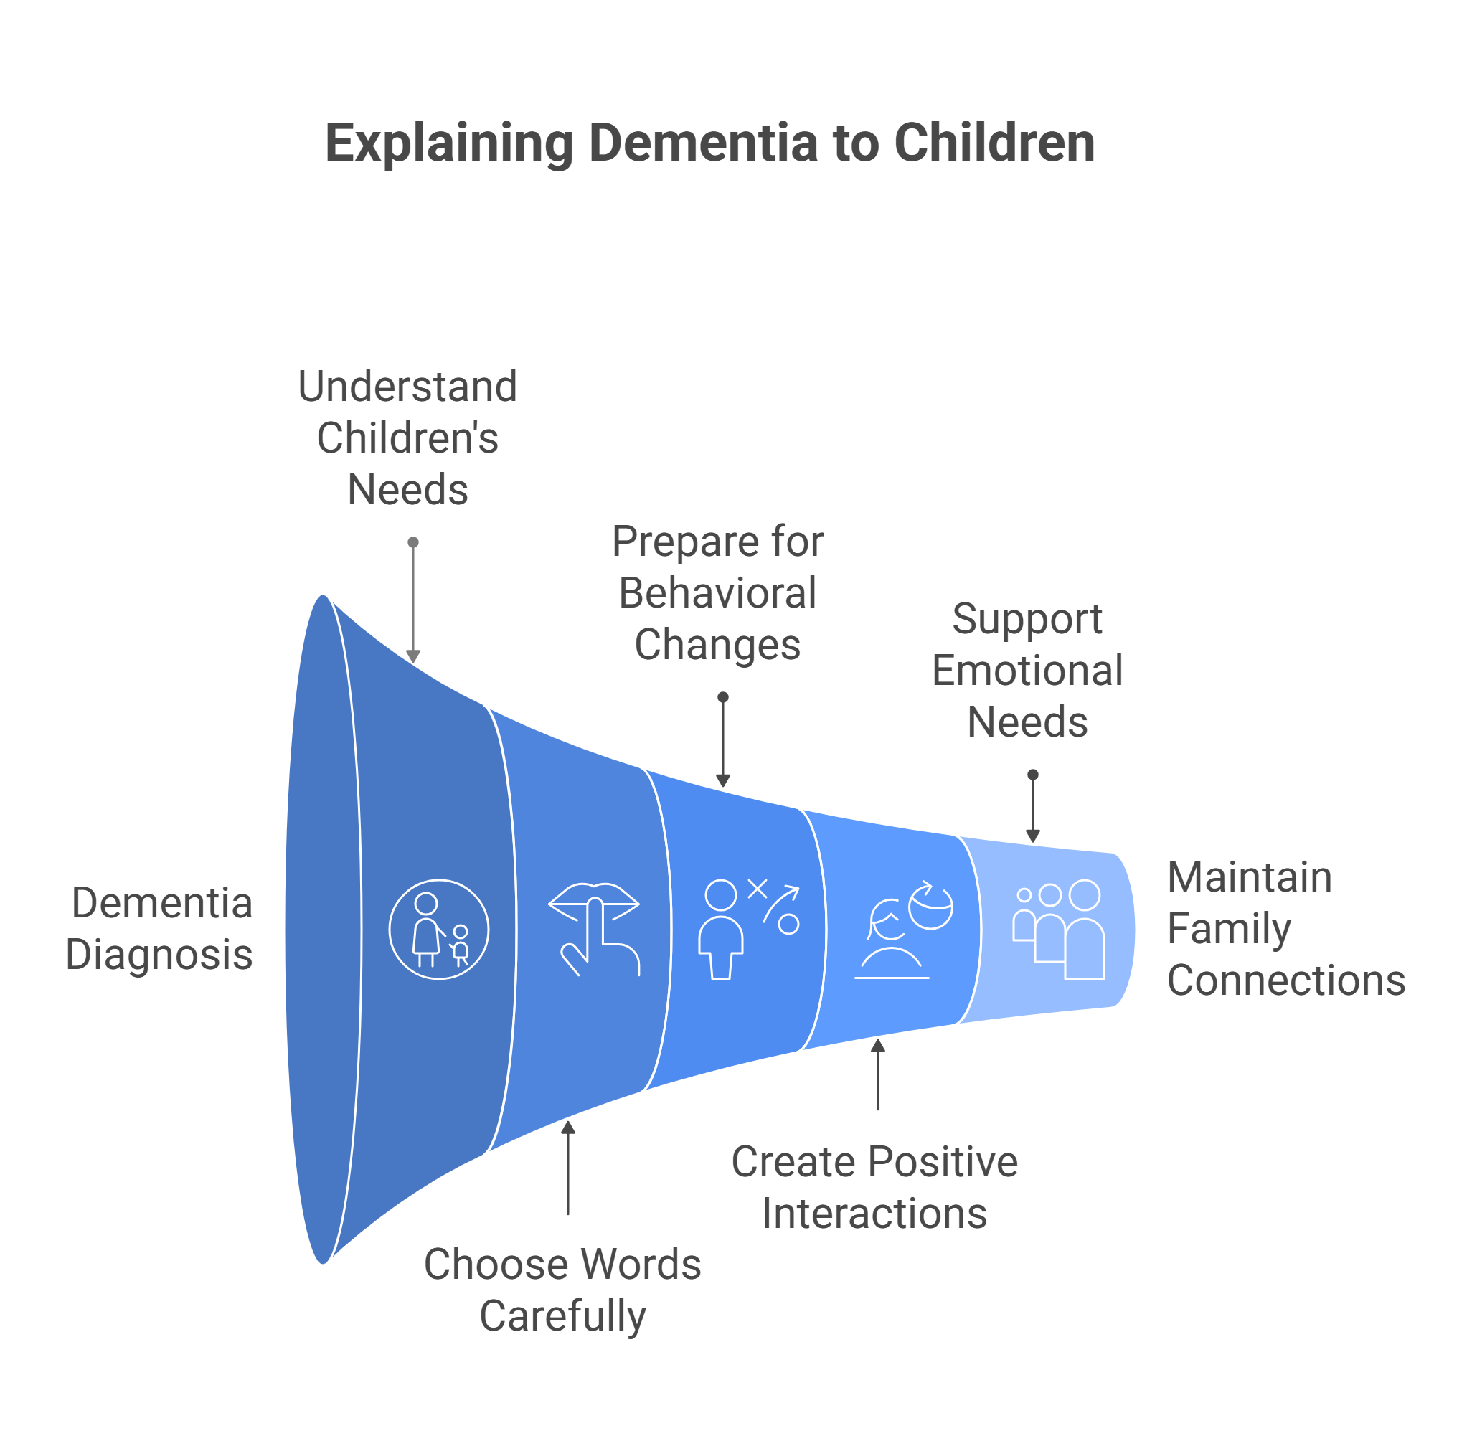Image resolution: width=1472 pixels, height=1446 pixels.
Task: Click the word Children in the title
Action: click(x=994, y=143)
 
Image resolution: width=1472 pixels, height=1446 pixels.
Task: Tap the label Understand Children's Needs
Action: click(x=407, y=438)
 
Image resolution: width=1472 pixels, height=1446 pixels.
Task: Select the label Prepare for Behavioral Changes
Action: click(x=717, y=592)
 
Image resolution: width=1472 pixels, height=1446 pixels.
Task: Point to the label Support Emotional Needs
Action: click(x=1027, y=670)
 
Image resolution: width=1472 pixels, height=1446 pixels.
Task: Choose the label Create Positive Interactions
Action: click(x=874, y=1187)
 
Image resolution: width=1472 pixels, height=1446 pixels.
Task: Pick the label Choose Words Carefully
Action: click(x=562, y=1290)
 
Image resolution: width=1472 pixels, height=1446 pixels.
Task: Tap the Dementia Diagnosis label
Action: click(x=159, y=928)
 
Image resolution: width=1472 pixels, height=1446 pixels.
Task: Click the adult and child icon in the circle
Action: click(x=438, y=929)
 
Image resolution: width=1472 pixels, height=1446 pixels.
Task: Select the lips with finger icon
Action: click(x=594, y=928)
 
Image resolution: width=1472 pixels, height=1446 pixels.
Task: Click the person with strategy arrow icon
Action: click(x=748, y=928)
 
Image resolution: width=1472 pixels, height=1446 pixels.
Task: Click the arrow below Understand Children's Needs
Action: click(x=412, y=602)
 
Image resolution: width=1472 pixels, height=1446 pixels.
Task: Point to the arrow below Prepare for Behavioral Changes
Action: click(x=723, y=741)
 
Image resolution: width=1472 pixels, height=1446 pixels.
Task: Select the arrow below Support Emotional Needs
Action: click(x=1033, y=808)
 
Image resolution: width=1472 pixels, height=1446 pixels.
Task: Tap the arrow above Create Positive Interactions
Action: click(x=878, y=1074)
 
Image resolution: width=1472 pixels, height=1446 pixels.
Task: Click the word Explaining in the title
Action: click(x=449, y=143)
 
